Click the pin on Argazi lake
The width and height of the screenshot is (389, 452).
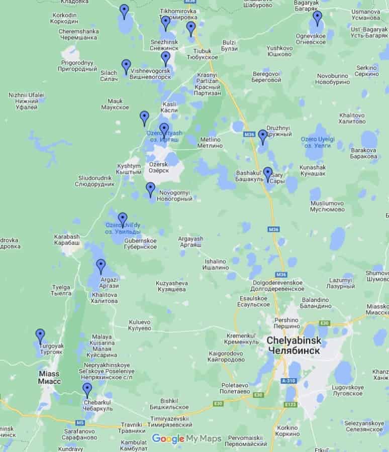pyautogui.click(x=101, y=266)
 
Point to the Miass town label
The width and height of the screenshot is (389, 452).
pyautogui.click(x=49, y=378)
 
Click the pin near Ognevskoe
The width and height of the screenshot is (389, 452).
pyautogui.click(x=317, y=19)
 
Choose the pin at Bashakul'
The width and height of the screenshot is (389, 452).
pyautogui.click(x=268, y=174)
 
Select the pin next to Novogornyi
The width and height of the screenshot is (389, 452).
pyautogui.click(x=150, y=189)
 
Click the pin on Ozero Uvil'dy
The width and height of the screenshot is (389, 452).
pyautogui.click(x=123, y=219)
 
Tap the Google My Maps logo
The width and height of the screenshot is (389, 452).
pyautogui.click(x=186, y=438)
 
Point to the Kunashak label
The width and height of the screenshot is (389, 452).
pyautogui.click(x=313, y=170)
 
